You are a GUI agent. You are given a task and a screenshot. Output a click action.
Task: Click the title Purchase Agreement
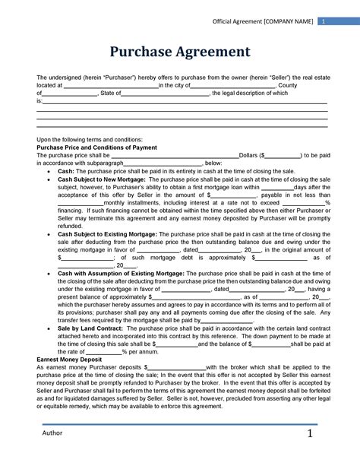tap(180, 52)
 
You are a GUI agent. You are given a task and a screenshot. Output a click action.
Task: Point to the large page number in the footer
tap(310, 433)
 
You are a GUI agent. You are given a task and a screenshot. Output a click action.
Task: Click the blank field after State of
tap(166, 93)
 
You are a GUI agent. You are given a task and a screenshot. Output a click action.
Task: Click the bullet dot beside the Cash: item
tap(50, 171)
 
